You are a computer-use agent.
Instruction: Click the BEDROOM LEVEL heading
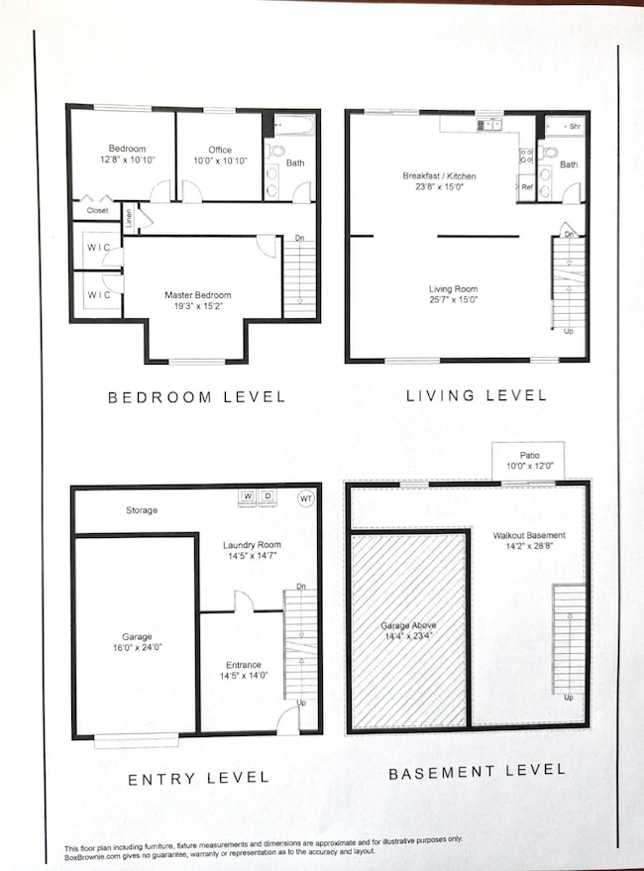196,397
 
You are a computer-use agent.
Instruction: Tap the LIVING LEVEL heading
476,395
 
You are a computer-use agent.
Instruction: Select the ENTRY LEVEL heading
198,779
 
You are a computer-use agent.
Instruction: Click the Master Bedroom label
198,295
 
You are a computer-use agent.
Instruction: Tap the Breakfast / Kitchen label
439,176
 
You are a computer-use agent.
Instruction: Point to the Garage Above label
408,626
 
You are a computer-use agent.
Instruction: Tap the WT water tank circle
305,498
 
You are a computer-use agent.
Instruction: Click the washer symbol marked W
248,497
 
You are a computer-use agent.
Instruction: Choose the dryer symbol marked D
268,497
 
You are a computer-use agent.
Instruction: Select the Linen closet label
129,218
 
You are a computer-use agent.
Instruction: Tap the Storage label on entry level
141,511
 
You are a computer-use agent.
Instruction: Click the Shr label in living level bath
574,128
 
